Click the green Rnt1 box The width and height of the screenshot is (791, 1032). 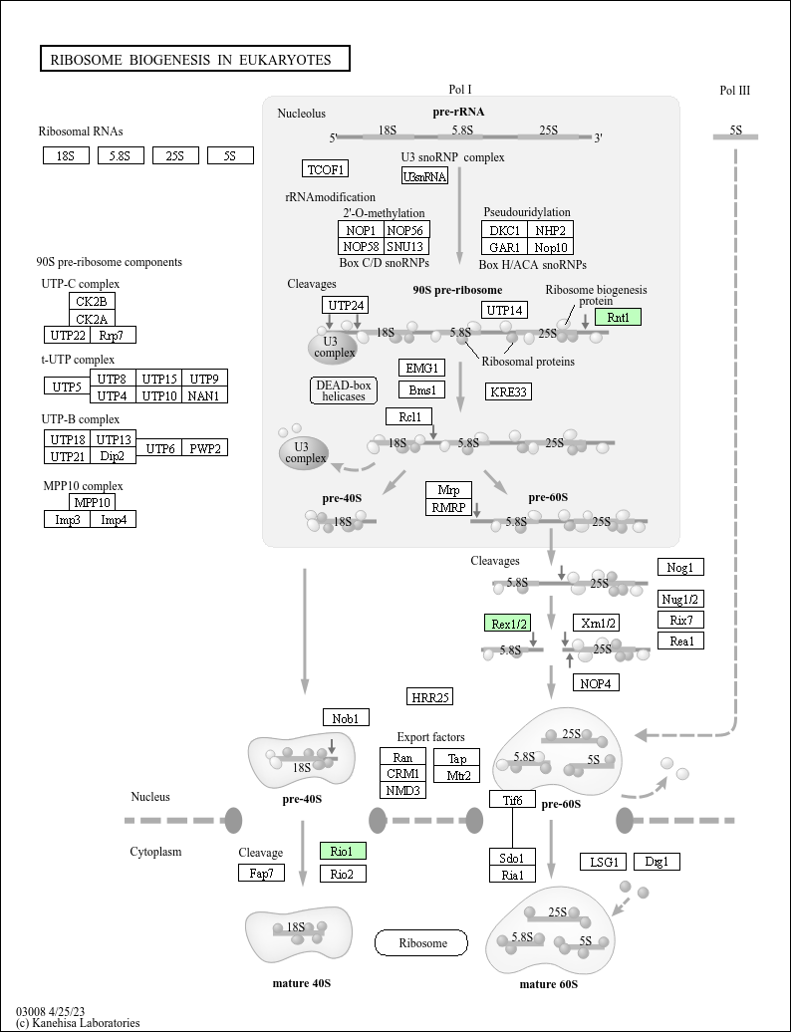point(618,317)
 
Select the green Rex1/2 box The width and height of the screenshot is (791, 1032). point(508,624)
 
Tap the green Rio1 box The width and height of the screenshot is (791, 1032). point(343,851)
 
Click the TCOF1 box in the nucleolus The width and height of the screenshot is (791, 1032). point(325,168)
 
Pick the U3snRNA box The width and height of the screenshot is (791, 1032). point(424,176)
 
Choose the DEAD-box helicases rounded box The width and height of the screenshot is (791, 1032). point(343,390)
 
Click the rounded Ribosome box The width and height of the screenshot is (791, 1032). point(420,942)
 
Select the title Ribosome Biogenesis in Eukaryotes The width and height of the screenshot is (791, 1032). point(195,60)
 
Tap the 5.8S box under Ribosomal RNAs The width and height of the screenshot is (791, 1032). point(121,155)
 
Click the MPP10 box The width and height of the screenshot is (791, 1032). point(93,502)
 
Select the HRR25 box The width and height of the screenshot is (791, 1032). point(430,696)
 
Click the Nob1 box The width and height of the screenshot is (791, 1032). point(346,717)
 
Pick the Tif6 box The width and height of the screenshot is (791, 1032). point(513,799)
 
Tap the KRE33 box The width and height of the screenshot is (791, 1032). point(508,391)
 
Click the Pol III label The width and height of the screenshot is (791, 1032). point(734,91)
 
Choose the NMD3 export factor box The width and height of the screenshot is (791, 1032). point(403,790)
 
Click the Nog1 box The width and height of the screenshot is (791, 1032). point(680,567)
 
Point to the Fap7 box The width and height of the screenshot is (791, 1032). point(262,874)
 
